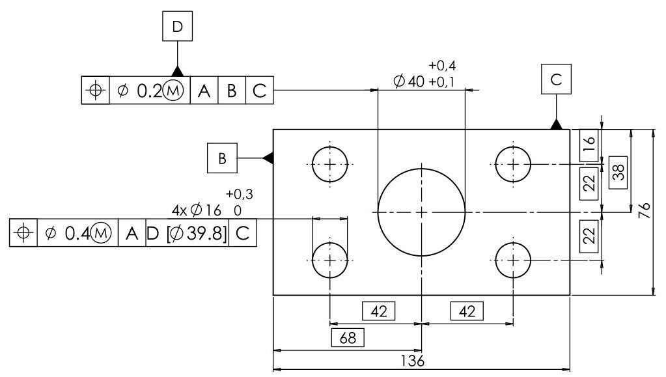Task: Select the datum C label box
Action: click(556, 80)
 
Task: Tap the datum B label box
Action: click(222, 159)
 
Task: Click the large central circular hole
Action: click(421, 212)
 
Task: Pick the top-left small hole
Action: click(331, 163)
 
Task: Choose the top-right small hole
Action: click(513, 163)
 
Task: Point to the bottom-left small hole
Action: click(331, 260)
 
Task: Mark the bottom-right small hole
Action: click(513, 260)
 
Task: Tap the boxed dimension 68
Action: click(348, 338)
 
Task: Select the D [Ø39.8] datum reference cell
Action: click(188, 232)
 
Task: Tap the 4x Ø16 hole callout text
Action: click(197, 210)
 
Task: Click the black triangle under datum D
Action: click(177, 70)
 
